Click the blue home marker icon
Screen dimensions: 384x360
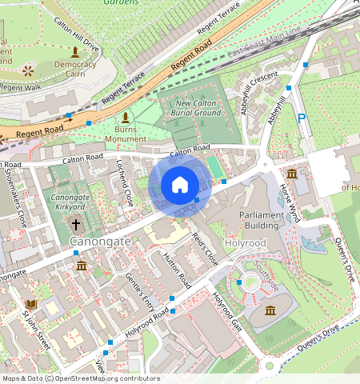pyautogui.click(x=180, y=185)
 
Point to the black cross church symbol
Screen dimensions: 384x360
pyautogui.click(x=77, y=225)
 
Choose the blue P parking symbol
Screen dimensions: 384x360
pyautogui.click(x=302, y=118)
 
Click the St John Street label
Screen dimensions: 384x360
pyautogui.click(x=35, y=330)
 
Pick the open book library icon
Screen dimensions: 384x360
pyautogui.click(x=30, y=305)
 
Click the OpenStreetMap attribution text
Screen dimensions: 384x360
pyautogui.click(x=80, y=378)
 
